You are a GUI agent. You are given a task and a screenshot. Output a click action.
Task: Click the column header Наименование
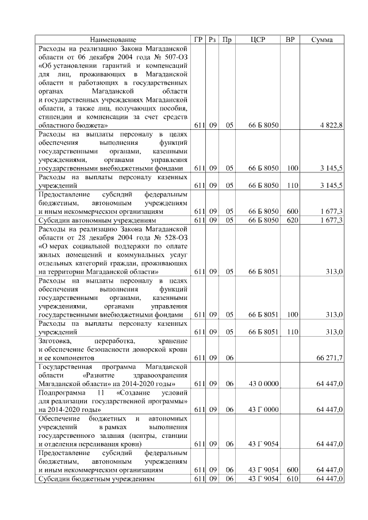pyautogui.click(x=113, y=40)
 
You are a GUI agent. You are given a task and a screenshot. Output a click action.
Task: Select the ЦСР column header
pyautogui.click(x=258, y=40)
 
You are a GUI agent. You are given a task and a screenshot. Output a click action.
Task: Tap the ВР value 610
pyautogui.click(x=292, y=479)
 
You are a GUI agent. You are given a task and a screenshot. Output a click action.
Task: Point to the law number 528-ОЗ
pyautogui.click(x=174, y=238)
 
